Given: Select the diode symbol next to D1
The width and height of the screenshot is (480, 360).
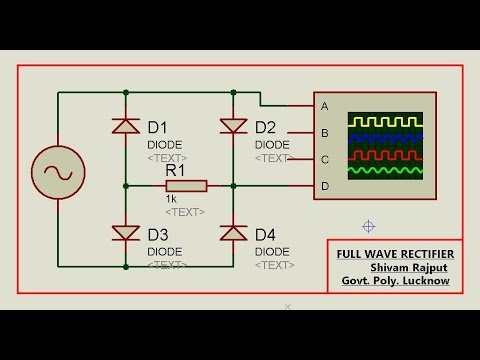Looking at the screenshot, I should point(126,126).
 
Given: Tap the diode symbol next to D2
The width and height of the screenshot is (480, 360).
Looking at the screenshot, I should point(234,126).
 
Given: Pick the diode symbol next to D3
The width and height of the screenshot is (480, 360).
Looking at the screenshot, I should point(126,233).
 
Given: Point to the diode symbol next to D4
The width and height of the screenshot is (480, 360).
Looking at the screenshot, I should point(234,233).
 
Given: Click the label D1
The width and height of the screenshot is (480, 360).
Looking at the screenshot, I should point(158,127).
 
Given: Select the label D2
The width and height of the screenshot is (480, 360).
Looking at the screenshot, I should point(265,127).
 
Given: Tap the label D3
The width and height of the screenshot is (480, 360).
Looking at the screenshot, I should point(158,235).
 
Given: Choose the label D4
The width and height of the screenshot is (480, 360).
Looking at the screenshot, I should point(265,235).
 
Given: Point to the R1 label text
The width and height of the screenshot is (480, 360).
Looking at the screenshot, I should point(176,170).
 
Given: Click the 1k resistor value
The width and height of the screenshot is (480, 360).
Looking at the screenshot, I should point(172,198).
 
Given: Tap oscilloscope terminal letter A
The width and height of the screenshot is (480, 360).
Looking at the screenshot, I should point(324,106).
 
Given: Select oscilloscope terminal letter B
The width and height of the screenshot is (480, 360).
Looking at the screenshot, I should point(324,132).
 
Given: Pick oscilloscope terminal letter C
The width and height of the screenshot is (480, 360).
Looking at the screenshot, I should point(324,158).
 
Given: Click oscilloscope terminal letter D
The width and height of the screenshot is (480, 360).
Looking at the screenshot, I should point(324,185).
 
